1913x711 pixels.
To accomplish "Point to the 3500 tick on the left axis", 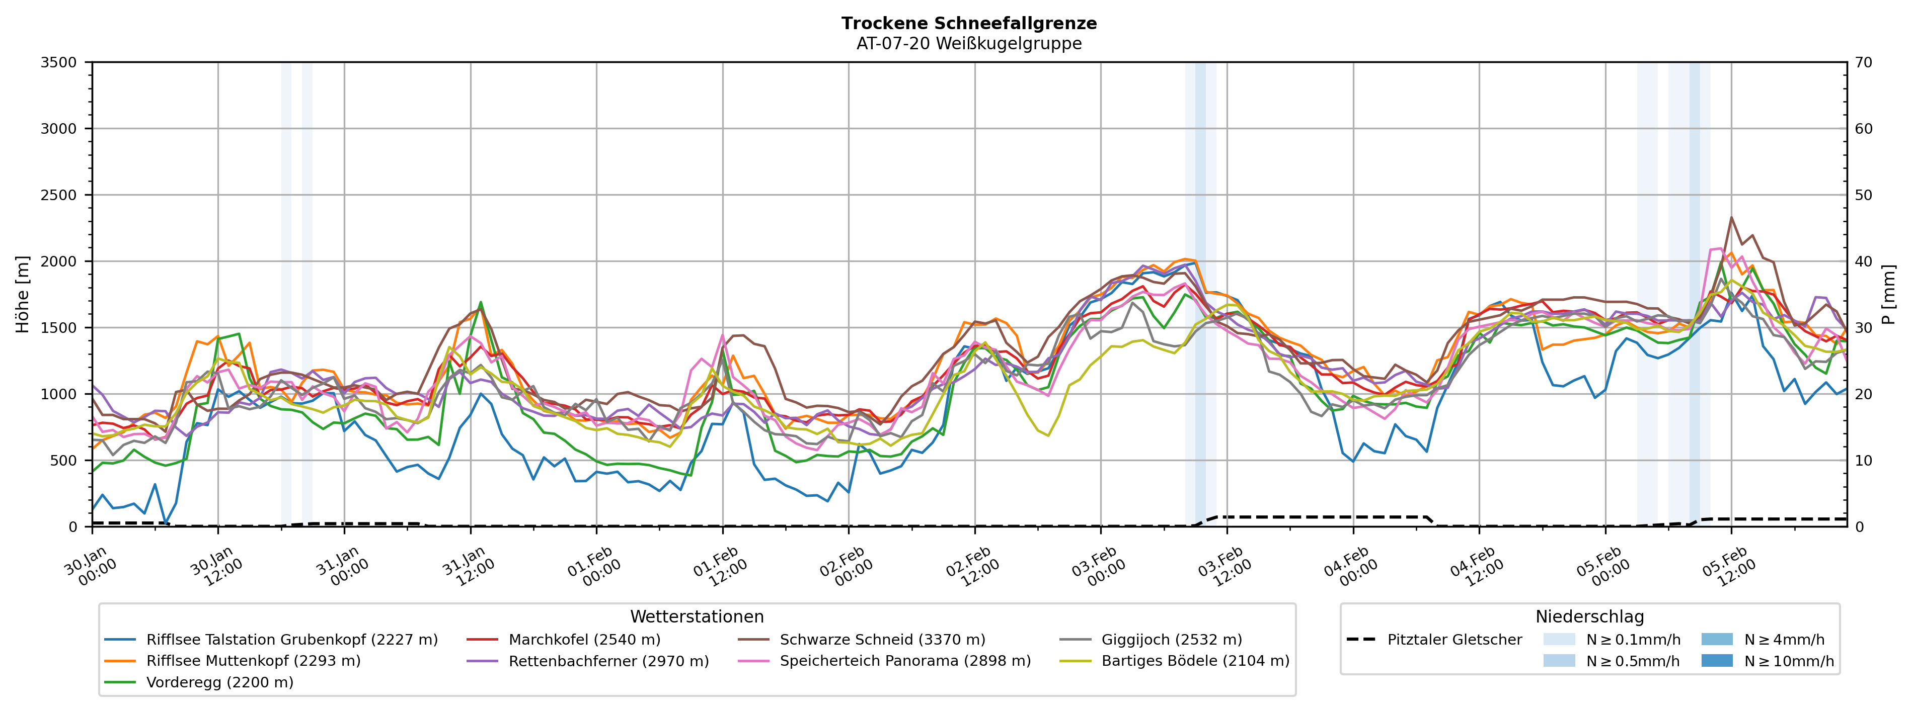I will (x=59, y=62).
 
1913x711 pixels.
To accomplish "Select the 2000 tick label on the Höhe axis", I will (x=59, y=261).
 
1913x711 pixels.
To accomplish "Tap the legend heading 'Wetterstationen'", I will (x=697, y=617).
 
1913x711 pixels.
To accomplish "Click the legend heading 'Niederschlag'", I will (x=1589, y=617).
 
